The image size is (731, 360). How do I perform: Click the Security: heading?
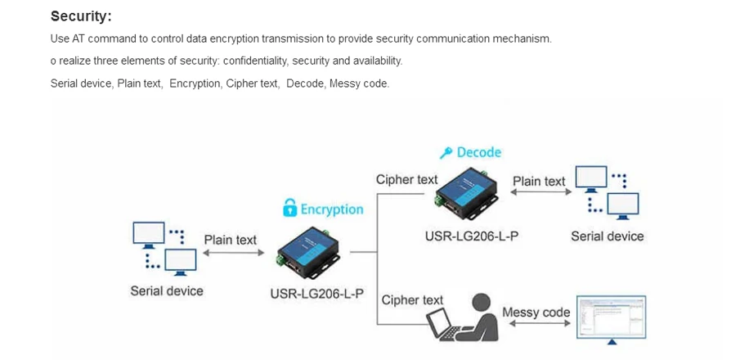81,16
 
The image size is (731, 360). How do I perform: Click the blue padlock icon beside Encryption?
289,209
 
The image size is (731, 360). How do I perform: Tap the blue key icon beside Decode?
446,152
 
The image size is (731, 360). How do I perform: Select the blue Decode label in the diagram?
478,152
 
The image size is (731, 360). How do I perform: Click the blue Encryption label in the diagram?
331,209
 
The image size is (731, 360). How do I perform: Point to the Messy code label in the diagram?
536,312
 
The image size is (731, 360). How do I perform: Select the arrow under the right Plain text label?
538,194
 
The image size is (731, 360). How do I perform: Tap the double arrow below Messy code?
536,324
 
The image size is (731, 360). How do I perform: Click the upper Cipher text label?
406,179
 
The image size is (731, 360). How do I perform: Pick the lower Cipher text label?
412,300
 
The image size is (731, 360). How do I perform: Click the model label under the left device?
316,293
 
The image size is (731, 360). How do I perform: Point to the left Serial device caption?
167,290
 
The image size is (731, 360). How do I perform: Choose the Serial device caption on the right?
607,236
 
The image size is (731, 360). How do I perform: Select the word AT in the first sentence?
78,38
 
